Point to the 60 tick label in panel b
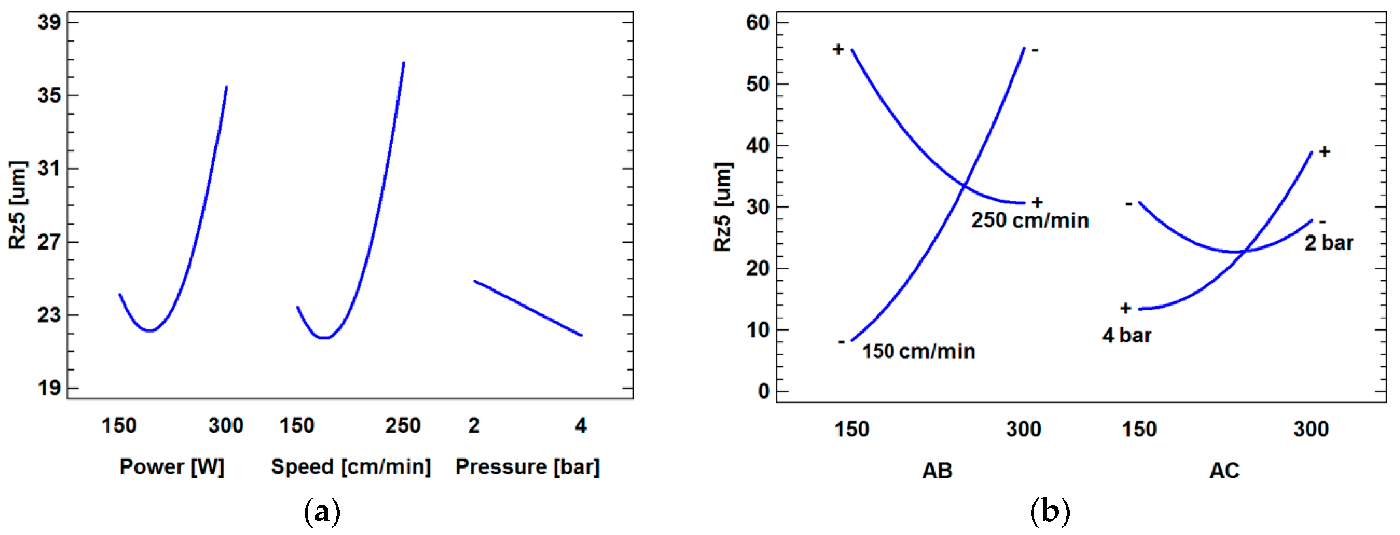[758, 23]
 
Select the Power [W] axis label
[172, 467]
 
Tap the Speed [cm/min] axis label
[351, 467]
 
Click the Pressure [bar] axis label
[527, 467]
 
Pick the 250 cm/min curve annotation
[1030, 220]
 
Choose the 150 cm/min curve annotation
[919, 351]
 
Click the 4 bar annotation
[1126, 335]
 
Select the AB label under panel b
[937, 470]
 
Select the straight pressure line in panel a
[528, 308]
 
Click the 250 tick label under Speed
[403, 425]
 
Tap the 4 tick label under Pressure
[580, 425]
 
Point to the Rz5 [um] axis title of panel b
[723, 206]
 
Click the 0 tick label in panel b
[764, 391]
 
